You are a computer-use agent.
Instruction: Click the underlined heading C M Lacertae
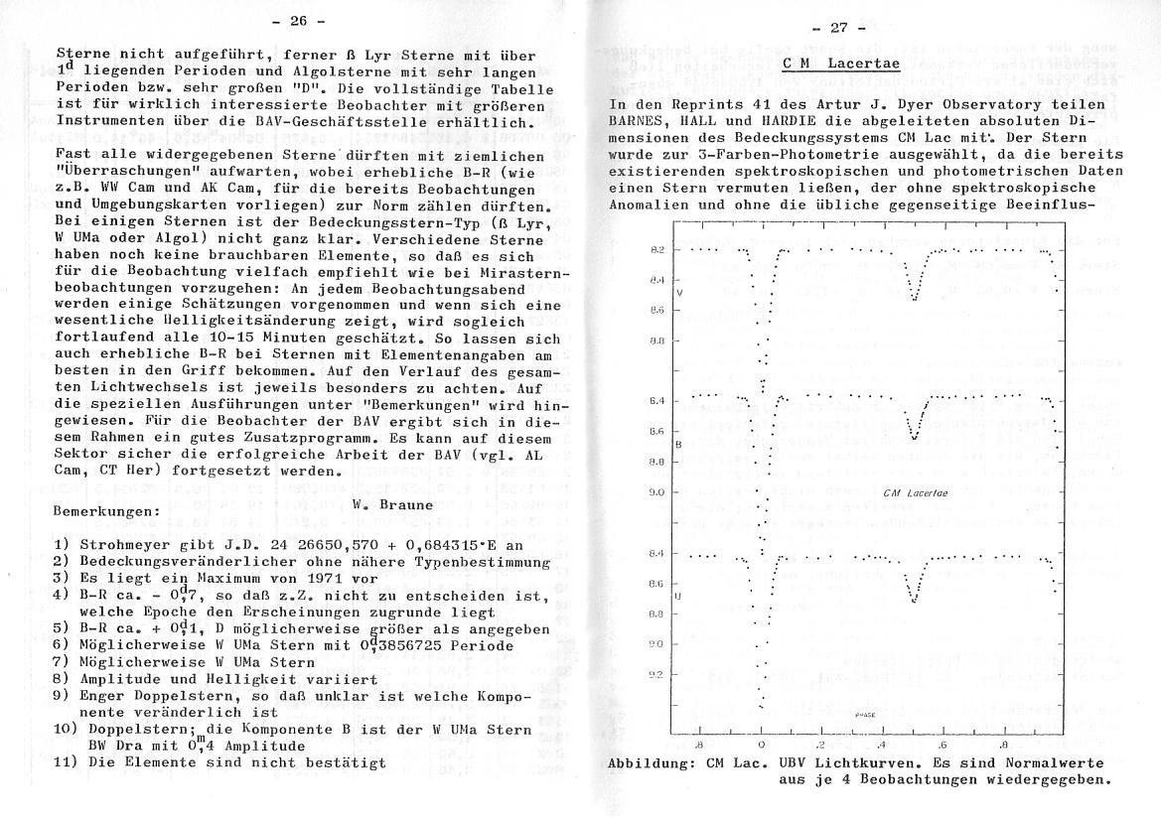[x=841, y=65]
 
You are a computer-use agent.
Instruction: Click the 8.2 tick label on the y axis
[x=656, y=250]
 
